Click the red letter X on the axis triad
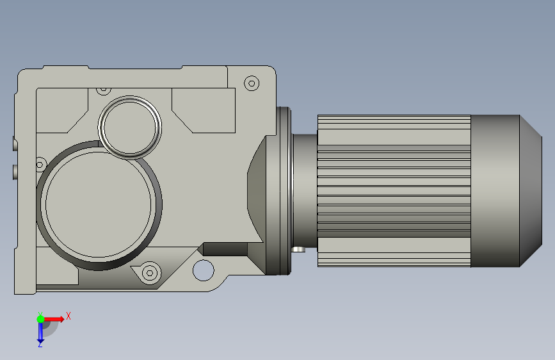(x=68, y=316)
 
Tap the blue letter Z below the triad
(x=40, y=344)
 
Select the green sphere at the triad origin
(x=41, y=319)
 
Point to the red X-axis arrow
(x=54, y=319)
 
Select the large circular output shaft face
(x=99, y=204)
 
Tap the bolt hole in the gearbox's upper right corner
(x=252, y=84)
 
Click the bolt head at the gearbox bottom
(x=150, y=273)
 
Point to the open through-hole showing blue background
(x=203, y=270)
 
